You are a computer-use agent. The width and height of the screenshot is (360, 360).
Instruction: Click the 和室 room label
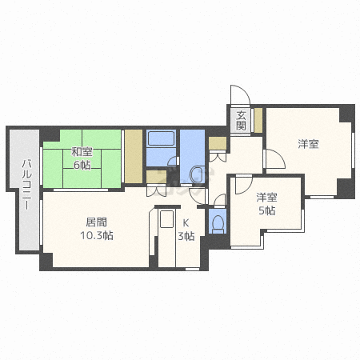[x=81, y=150]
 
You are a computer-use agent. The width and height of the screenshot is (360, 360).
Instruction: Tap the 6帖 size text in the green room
[x=81, y=165]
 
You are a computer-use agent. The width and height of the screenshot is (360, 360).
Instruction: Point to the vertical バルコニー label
[x=26, y=185]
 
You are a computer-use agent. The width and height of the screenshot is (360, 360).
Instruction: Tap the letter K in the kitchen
[x=186, y=222]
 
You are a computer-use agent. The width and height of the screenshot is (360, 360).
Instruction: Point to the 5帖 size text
[x=266, y=210]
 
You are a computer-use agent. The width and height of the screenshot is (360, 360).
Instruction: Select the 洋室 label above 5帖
[x=266, y=197]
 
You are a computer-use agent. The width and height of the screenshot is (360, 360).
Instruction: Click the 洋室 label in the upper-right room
[x=308, y=144]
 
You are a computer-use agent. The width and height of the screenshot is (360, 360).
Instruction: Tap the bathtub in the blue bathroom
[x=161, y=138]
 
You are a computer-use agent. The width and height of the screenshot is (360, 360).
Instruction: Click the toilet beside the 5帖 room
[x=216, y=222]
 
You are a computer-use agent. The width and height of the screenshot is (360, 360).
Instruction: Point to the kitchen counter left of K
[x=166, y=237]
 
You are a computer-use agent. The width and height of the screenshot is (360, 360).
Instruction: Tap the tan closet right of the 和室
[x=133, y=157]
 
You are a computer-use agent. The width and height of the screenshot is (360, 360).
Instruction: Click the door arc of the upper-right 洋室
[x=273, y=158]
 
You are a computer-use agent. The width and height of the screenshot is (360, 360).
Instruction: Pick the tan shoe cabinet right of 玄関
[x=258, y=119]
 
